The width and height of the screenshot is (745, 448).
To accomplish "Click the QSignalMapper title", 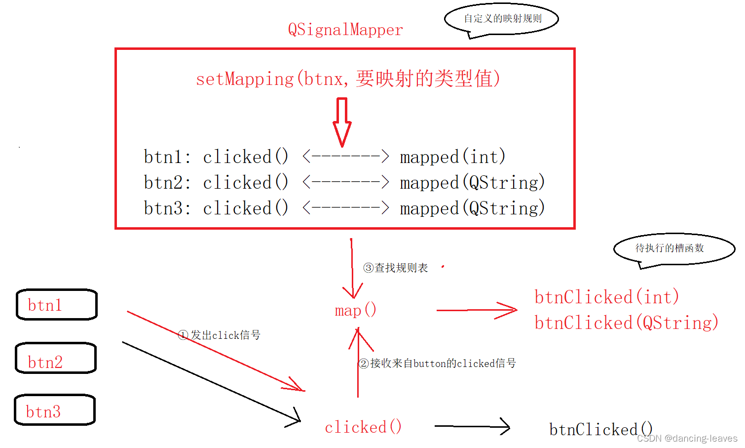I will click(345, 30).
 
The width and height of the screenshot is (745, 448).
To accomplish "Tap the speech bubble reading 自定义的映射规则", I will click(502, 19).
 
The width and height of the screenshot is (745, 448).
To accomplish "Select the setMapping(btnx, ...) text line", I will click(348, 79).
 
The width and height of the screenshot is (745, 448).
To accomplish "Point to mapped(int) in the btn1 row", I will click(452, 157).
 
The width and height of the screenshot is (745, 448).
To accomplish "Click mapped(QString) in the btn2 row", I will click(472, 182).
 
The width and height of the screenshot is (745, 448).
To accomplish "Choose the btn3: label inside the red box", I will click(167, 208).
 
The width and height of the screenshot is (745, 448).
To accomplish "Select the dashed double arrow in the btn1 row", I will click(346, 157).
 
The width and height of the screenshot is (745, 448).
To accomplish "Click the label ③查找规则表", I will click(396, 268).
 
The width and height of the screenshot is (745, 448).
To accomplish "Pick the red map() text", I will click(355, 310).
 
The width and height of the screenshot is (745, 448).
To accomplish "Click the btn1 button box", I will click(57, 305).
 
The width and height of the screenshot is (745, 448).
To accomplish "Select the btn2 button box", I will click(56, 358).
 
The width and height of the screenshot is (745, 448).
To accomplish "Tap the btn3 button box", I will click(54, 410).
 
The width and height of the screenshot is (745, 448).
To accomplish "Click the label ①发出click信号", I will click(219, 335).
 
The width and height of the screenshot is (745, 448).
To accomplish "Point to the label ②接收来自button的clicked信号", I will click(437, 364).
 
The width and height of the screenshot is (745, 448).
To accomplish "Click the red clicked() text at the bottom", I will click(363, 427).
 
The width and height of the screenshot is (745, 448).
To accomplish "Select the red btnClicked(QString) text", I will click(626, 323).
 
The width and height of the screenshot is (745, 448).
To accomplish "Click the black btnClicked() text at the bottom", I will click(600, 429).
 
